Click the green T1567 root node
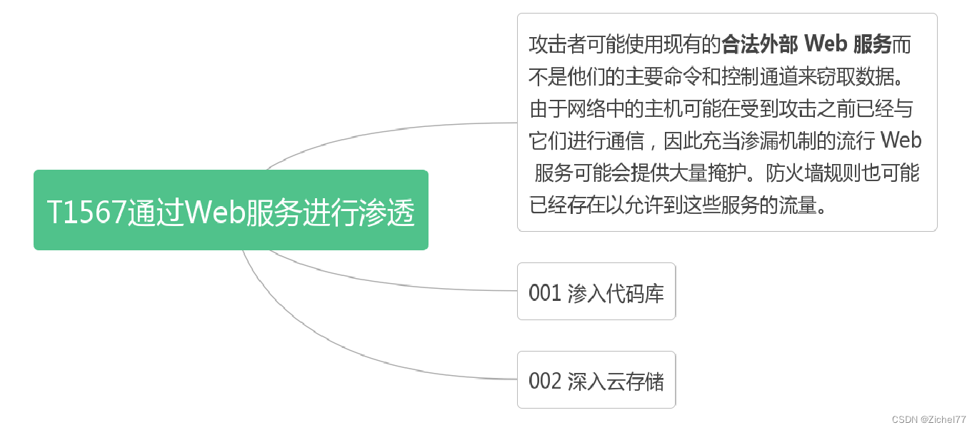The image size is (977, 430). coord(231,210)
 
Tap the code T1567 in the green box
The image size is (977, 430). coord(86,213)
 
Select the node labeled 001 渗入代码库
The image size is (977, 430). coord(596,292)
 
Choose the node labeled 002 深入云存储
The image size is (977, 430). coord(596,380)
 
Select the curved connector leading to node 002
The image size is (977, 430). coord(357,357)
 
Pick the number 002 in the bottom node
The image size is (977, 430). coord(545,381)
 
